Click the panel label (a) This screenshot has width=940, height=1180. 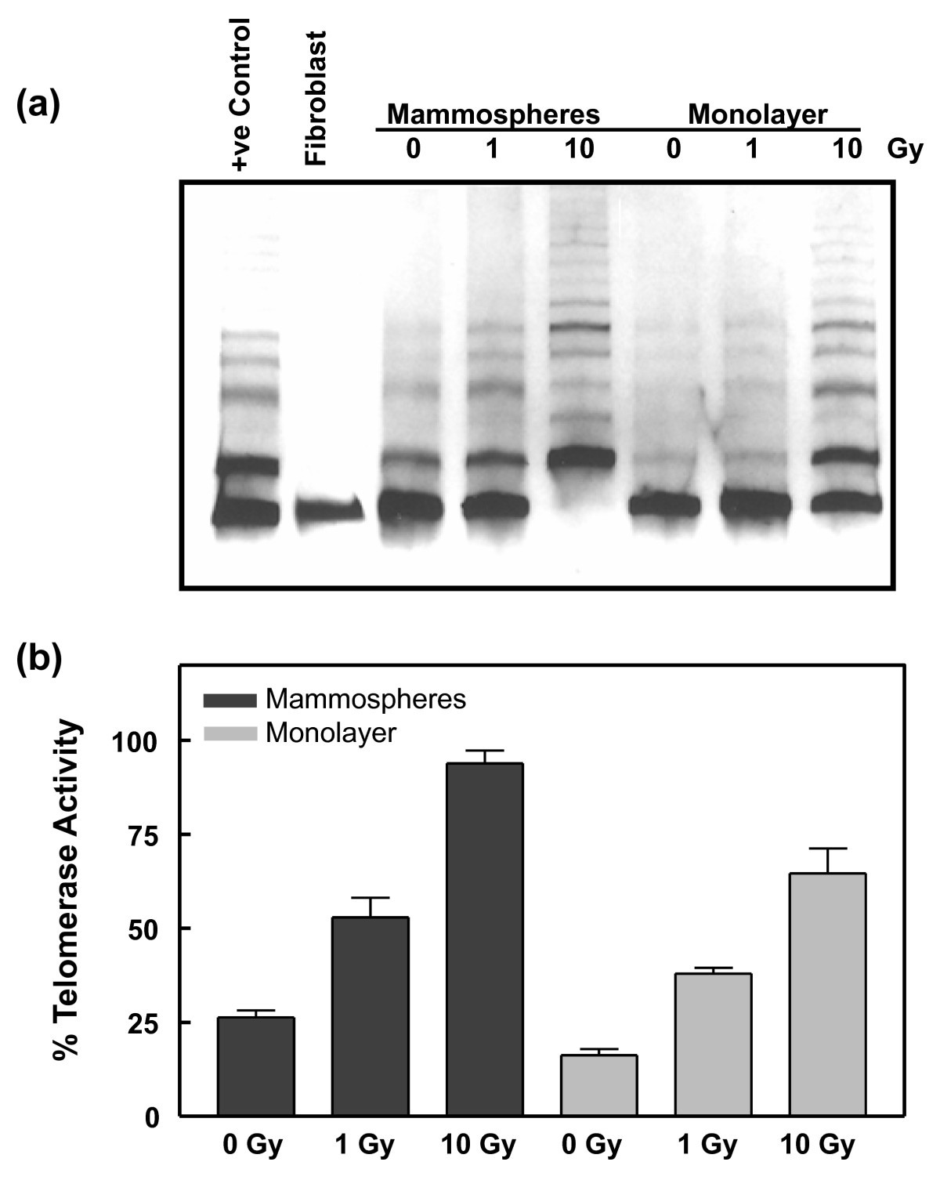coord(38,104)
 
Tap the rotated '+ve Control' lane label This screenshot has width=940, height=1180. coord(240,93)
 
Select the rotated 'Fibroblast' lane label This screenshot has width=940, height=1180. coord(316,98)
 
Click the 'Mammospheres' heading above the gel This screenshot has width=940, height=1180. coord(493,115)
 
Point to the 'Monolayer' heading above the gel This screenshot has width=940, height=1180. coord(757,115)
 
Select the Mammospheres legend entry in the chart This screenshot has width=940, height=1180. coord(334,698)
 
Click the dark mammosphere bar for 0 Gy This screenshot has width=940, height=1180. coord(256,1066)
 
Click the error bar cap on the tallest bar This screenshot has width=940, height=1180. coord(485,751)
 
